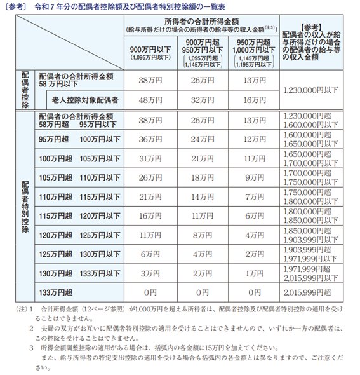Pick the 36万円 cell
tap(150, 139)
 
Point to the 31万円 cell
tap(150, 158)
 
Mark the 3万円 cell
tap(150, 275)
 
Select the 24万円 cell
tap(202, 139)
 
